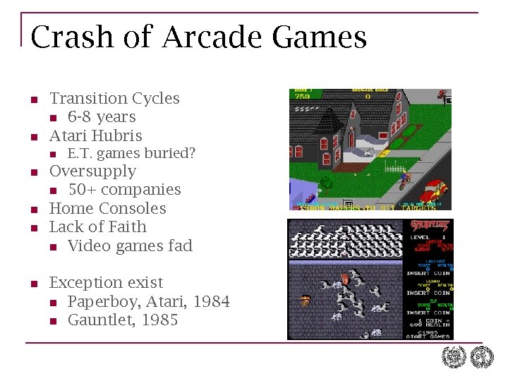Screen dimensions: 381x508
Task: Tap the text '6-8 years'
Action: point(102,117)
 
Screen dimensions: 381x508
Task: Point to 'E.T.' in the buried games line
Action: point(80,153)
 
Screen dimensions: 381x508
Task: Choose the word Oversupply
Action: point(92,171)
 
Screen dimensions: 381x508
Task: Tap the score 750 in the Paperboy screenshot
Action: point(303,95)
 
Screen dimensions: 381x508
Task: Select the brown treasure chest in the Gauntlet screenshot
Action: point(306,301)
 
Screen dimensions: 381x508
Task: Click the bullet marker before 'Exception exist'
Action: point(33,284)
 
